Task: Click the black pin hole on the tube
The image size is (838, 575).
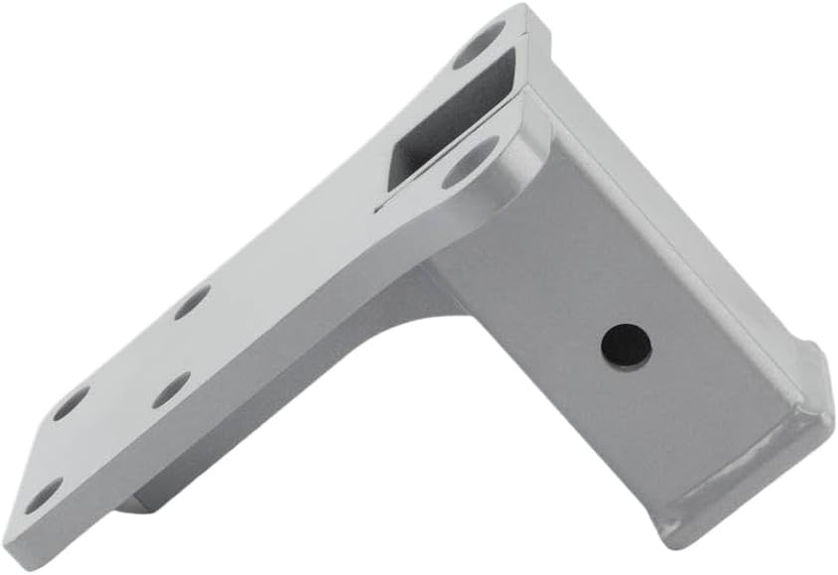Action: (627, 345)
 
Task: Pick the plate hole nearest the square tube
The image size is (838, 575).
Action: (192, 301)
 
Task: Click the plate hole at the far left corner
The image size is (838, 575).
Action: (43, 496)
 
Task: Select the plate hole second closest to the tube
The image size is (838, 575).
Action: (171, 389)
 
